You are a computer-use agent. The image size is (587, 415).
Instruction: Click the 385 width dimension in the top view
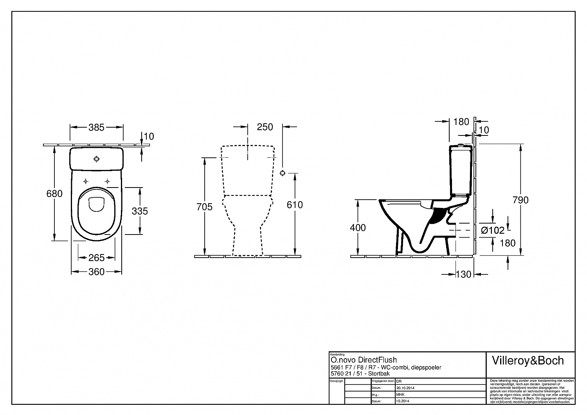(x=96, y=127)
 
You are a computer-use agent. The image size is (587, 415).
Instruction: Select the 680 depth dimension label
(x=54, y=193)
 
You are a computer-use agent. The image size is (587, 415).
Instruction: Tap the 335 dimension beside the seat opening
(x=140, y=211)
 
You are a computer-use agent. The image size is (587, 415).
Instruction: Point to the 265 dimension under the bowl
(x=96, y=257)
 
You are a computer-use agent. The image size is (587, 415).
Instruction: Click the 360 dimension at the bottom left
(x=96, y=271)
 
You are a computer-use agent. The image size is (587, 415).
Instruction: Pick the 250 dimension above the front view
(x=265, y=127)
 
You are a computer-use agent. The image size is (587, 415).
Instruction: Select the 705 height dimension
(x=204, y=207)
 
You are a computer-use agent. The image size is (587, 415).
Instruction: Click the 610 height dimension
(x=295, y=205)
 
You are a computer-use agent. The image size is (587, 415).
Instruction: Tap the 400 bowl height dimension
(x=358, y=227)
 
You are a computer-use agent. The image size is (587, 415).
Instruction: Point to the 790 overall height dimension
(x=520, y=200)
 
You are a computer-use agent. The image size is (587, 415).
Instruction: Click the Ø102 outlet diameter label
(x=493, y=231)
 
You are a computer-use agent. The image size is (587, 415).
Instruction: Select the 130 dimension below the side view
(x=464, y=274)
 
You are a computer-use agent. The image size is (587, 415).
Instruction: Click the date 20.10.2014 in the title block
(x=405, y=388)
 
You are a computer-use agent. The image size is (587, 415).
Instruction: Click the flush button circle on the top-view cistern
(x=96, y=159)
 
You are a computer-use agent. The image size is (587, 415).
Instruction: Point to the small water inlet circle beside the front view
(x=283, y=173)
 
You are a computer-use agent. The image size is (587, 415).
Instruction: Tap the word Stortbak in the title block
(x=379, y=373)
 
